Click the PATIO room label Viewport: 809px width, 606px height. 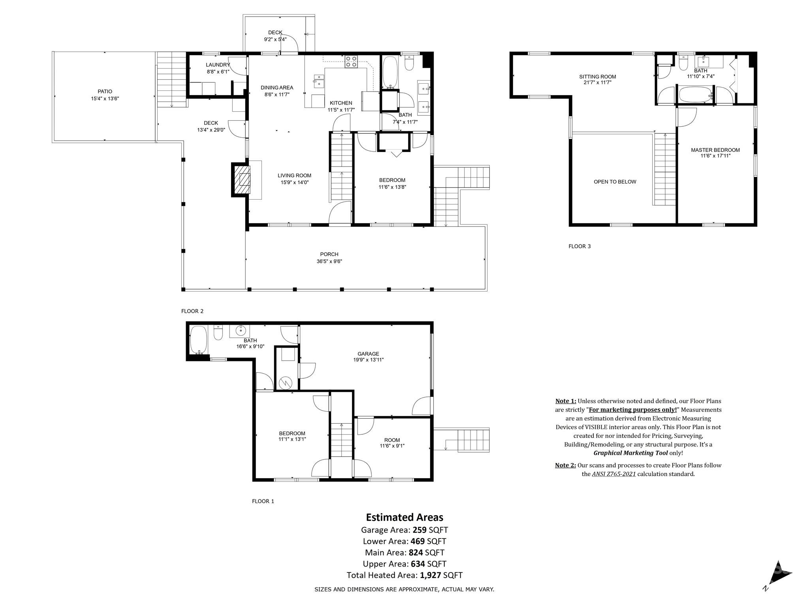coord(105,92)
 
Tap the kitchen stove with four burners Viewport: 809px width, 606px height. coord(351,62)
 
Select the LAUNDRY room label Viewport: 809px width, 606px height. coord(218,65)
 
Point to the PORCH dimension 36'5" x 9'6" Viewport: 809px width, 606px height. coord(329,261)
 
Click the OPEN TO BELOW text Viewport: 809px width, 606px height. coord(615,182)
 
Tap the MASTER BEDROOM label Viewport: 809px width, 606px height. coord(715,150)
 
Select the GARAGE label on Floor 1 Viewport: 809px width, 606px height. coord(368,354)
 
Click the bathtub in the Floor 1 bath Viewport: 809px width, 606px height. coord(198,339)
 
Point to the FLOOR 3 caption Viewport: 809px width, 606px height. coord(579,246)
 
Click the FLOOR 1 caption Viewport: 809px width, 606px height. coord(263,501)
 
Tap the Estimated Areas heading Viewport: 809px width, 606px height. coord(404,517)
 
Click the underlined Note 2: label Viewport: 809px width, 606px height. coord(565,465)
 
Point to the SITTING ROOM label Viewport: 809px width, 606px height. coord(597,77)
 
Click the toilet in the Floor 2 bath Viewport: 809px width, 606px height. coord(409,64)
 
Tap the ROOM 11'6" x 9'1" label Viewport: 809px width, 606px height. coord(392,443)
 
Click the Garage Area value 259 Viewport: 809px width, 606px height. coord(420,530)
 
